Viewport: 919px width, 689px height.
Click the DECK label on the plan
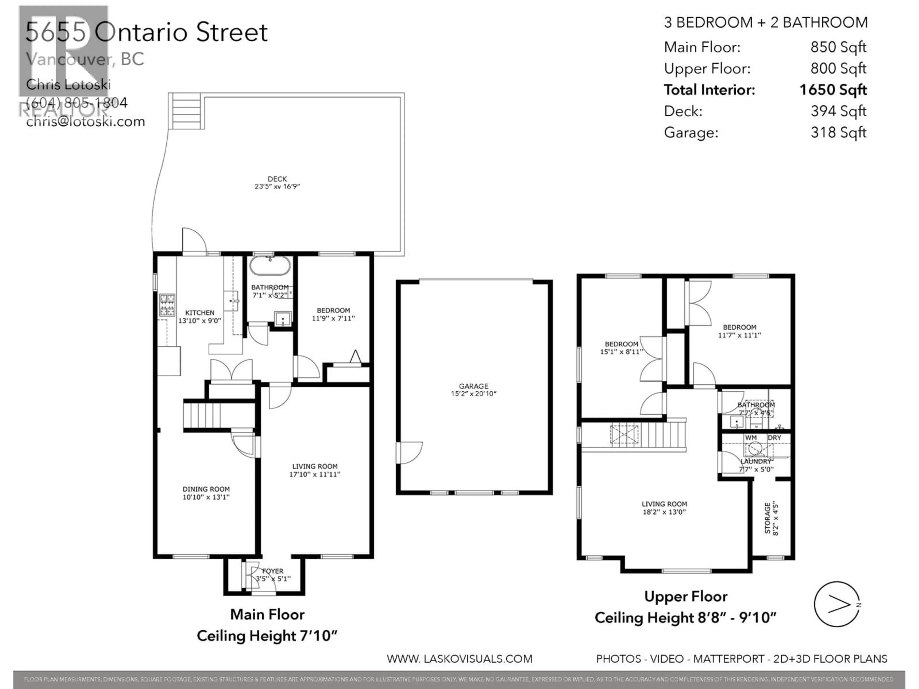(277, 179)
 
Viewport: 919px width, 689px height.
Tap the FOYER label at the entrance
(273, 571)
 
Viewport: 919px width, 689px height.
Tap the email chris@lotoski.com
(86, 122)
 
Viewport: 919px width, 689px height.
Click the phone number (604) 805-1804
(77, 103)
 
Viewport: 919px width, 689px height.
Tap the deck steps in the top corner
(186, 111)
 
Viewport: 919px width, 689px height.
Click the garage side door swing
(409, 453)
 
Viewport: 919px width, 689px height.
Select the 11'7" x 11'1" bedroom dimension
(740, 335)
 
